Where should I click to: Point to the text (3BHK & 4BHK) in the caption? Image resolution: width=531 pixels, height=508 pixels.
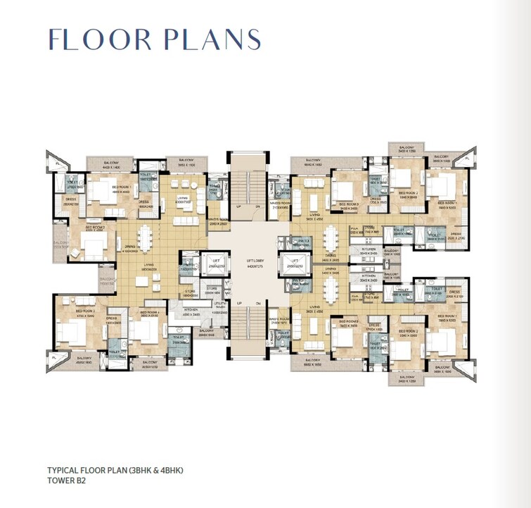[x=161, y=469]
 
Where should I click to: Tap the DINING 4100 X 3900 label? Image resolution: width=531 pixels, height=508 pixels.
[x=130, y=249]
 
